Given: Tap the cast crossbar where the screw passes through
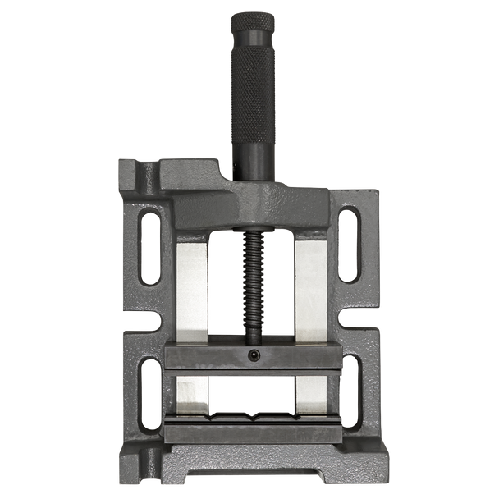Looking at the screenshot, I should coord(253,209).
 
